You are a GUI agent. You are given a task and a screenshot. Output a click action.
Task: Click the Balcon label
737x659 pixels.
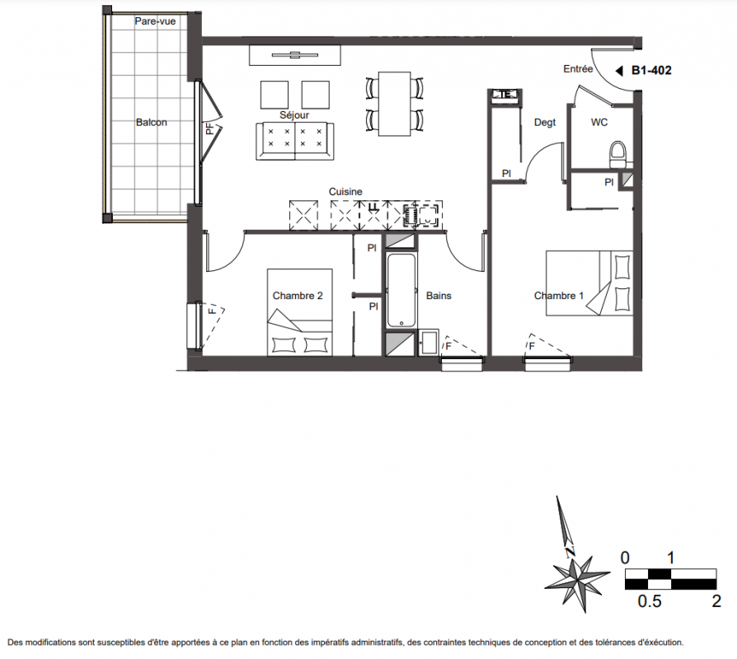152,122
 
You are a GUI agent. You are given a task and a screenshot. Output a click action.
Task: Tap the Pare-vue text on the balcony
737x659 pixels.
155,21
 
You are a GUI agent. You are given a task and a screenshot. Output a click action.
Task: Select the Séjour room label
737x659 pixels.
294,115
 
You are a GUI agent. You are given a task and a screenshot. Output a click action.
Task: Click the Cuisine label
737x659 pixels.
345,192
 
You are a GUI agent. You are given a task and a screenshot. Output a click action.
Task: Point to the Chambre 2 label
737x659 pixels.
298,296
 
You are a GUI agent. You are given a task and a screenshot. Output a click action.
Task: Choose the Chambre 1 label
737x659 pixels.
559,296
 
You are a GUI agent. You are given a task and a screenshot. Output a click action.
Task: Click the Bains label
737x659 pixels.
439,296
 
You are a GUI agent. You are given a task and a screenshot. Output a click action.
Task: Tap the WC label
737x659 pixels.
599,122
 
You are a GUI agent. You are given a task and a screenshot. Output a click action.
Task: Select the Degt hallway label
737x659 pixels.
545,123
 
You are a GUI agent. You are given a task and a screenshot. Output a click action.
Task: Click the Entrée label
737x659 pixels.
578,69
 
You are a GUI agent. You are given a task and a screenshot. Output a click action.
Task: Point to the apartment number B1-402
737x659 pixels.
651,71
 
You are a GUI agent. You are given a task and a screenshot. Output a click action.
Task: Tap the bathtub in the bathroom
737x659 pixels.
401,290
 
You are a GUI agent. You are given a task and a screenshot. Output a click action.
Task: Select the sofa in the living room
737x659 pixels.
294,141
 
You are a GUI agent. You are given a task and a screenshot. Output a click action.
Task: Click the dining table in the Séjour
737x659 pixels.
394,104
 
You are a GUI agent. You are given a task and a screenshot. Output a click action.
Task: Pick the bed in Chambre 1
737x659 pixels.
589,283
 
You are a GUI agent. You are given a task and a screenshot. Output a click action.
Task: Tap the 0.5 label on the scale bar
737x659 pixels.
649,601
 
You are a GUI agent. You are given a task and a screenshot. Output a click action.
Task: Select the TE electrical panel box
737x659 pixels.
505,96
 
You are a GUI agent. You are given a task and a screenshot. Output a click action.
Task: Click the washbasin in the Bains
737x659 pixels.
428,342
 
